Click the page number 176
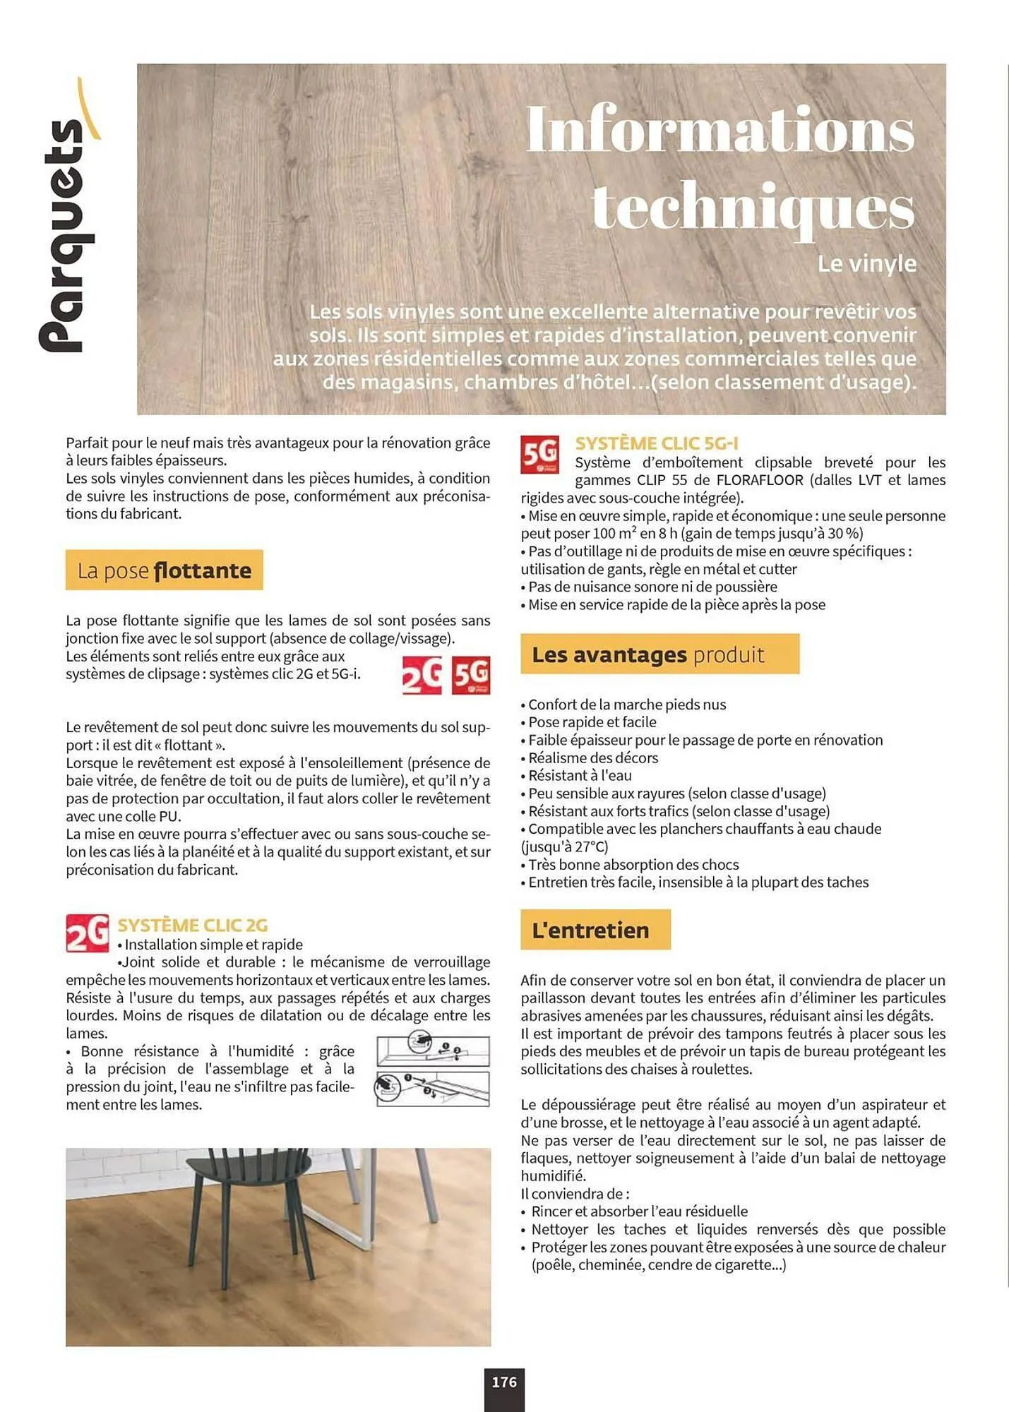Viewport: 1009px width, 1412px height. tap(504, 1382)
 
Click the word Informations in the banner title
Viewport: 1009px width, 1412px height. tap(720, 129)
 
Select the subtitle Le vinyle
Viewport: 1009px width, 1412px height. tap(866, 263)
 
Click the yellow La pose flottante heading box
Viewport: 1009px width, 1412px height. tap(164, 570)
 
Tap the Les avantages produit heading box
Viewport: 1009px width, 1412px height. tap(659, 654)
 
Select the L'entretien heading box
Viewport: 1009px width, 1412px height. tap(595, 930)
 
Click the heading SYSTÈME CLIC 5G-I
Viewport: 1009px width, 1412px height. tap(656, 443)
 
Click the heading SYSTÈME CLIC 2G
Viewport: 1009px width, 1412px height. tap(192, 925)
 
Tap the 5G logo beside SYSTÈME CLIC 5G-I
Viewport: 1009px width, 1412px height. tap(540, 454)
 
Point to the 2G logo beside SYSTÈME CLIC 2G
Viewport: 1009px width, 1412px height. tap(87, 933)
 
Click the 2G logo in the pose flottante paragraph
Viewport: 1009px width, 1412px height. tap(422, 676)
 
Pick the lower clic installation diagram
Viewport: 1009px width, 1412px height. tap(433, 1088)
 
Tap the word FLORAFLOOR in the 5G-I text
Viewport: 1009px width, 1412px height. tap(760, 480)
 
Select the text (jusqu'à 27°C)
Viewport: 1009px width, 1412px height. tap(564, 846)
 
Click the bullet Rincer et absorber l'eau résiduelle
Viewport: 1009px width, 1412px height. tap(638, 1211)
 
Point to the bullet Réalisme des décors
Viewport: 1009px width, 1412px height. tap(592, 758)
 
